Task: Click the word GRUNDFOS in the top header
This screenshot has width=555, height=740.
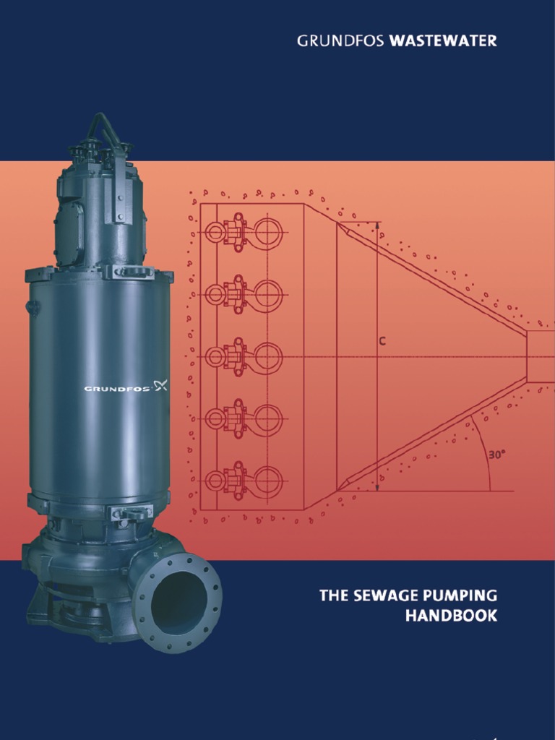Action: click(x=341, y=41)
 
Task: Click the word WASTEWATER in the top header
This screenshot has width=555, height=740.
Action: click(x=443, y=41)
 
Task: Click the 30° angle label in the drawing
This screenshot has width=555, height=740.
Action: click(x=496, y=455)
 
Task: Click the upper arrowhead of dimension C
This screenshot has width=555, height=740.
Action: click(x=377, y=226)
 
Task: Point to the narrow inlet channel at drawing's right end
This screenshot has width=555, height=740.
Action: click(x=541, y=357)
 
